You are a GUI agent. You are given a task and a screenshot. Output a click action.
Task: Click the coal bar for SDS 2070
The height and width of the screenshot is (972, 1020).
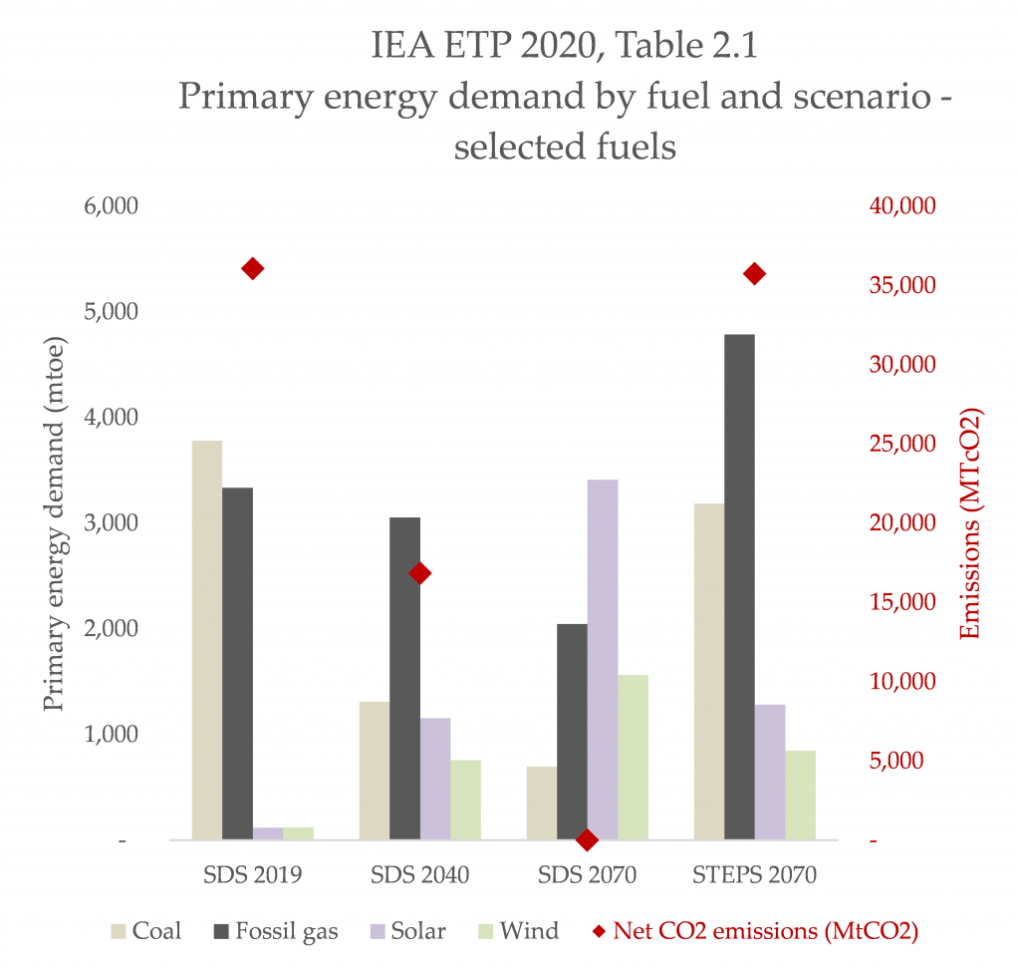[x=541, y=804]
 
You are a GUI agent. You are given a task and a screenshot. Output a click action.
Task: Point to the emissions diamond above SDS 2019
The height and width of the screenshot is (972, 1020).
[x=252, y=269]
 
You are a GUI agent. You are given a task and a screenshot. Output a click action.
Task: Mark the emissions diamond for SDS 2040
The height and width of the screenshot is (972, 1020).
[x=419, y=573]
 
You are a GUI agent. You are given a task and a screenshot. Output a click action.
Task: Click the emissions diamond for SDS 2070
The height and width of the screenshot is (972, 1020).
[x=587, y=840]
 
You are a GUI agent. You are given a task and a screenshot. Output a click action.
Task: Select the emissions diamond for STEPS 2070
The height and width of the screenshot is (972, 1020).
[x=754, y=274]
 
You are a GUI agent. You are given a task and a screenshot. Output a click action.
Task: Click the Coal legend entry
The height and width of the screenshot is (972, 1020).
[x=145, y=932]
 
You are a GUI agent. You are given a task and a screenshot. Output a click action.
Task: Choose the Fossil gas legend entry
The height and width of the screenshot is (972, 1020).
[x=275, y=932]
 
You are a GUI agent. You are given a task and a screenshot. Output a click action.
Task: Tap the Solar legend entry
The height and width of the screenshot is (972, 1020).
[x=406, y=932]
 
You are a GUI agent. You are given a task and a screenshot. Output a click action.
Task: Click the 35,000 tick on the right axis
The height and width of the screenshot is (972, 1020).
[x=898, y=286]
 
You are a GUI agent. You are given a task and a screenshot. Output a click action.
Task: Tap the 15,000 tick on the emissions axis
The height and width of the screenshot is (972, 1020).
[x=898, y=603]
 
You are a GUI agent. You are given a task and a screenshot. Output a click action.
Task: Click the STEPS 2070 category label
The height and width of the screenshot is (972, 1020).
[x=754, y=876]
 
